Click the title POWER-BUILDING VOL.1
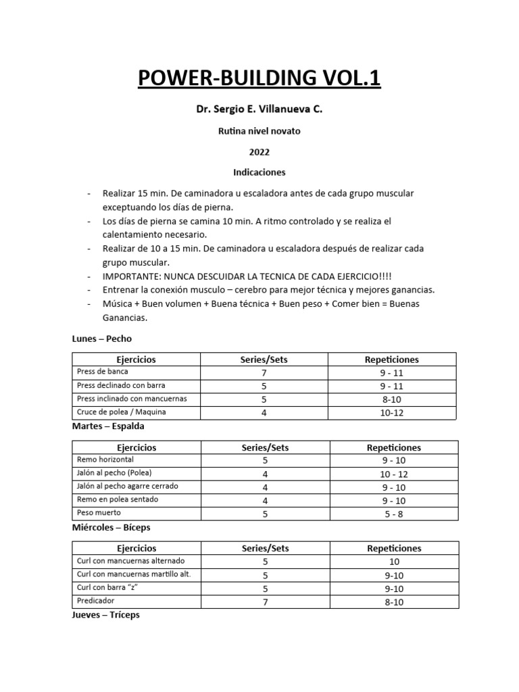click(259, 78)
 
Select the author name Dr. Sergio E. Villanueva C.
click(259, 107)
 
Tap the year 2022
click(259, 152)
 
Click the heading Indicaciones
click(259, 172)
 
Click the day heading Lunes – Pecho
click(106, 338)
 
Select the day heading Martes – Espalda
click(108, 426)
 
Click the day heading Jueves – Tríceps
click(105, 615)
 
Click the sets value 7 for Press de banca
click(264, 372)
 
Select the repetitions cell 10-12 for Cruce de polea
click(392, 413)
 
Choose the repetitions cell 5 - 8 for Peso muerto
click(393, 514)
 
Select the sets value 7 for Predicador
click(265, 601)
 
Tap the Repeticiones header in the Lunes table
click(392, 360)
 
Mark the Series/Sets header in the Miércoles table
click(265, 548)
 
